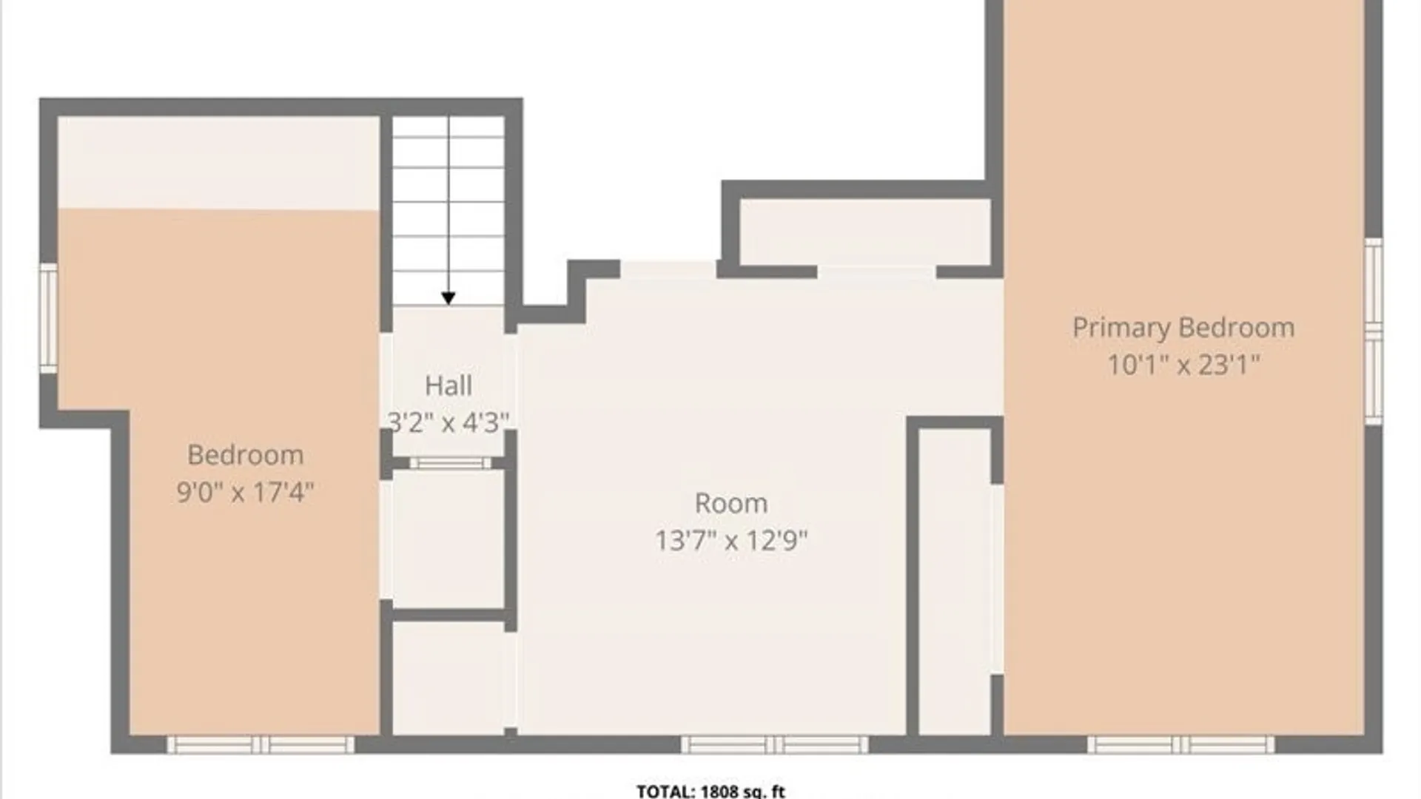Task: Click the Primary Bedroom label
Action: click(x=1183, y=328)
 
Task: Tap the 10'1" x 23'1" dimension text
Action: click(x=1183, y=364)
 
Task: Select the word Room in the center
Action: click(x=731, y=503)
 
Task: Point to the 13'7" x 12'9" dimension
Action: click(x=731, y=540)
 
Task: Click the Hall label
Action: click(x=449, y=385)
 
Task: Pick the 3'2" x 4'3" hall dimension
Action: click(x=449, y=422)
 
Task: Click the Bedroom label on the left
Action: click(x=246, y=454)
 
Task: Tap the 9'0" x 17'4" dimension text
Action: click(x=246, y=491)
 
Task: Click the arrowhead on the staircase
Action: click(x=449, y=298)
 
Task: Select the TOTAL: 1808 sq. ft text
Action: click(x=710, y=791)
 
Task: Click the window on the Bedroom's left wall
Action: click(x=48, y=319)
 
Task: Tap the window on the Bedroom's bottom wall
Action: click(x=261, y=744)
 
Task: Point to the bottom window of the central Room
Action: click(x=774, y=744)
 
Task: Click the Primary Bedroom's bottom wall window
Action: click(x=1181, y=744)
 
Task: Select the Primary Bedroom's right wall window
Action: click(x=1374, y=331)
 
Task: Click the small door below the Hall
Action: click(x=450, y=463)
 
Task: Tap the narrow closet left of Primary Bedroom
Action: click(x=955, y=582)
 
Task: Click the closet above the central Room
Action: click(x=865, y=232)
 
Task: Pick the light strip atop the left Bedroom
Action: click(x=219, y=163)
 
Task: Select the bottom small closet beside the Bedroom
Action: click(x=449, y=678)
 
